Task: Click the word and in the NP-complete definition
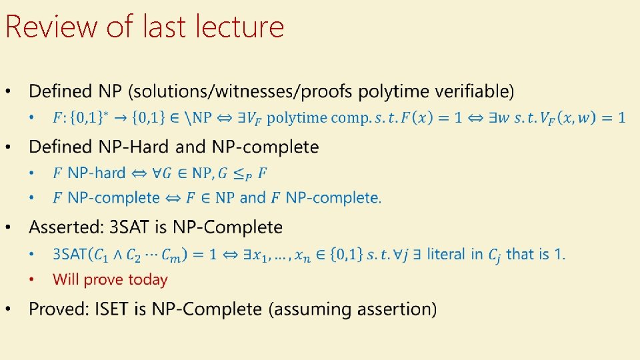click(x=252, y=198)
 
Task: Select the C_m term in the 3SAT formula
click(x=195, y=255)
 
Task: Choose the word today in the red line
click(x=149, y=280)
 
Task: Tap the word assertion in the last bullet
click(x=399, y=309)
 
